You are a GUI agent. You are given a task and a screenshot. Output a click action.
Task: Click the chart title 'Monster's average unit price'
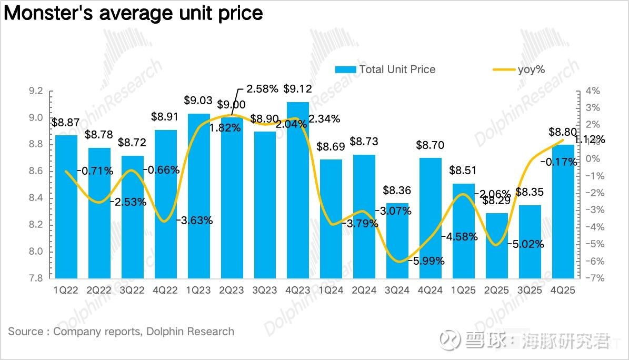tap(133, 13)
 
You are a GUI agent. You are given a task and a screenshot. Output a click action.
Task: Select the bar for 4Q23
tap(298, 189)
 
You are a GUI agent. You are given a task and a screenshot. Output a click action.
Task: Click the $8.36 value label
tap(397, 190)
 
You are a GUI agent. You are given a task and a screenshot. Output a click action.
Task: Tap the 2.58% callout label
tap(260, 88)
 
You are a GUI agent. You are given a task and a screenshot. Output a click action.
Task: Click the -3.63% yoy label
tap(194, 220)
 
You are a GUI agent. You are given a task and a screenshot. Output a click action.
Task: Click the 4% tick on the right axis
tap(592, 91)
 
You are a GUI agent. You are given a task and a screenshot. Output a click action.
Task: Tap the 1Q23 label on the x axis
tap(199, 289)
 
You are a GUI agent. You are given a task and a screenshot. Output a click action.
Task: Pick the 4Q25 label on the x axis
tap(563, 289)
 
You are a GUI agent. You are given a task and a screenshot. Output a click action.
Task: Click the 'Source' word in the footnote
tap(25, 332)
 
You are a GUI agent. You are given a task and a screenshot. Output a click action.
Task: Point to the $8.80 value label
tap(563, 132)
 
